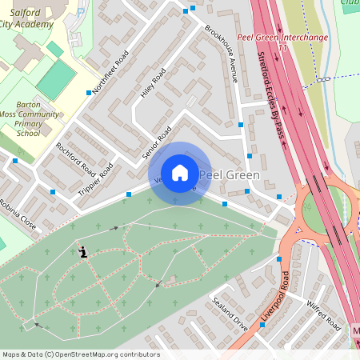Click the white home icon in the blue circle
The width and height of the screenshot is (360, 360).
180,173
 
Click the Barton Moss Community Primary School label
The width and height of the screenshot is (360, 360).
38,118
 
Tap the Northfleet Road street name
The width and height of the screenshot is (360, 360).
110,73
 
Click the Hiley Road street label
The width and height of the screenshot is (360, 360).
153,83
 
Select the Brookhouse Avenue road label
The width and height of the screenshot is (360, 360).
222,54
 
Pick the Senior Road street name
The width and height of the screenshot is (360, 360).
157,142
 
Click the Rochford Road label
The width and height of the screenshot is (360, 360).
75,161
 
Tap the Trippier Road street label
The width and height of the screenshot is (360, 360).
97,181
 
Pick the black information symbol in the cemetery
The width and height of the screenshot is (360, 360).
83,252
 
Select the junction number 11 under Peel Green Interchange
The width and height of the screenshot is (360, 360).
282,48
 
